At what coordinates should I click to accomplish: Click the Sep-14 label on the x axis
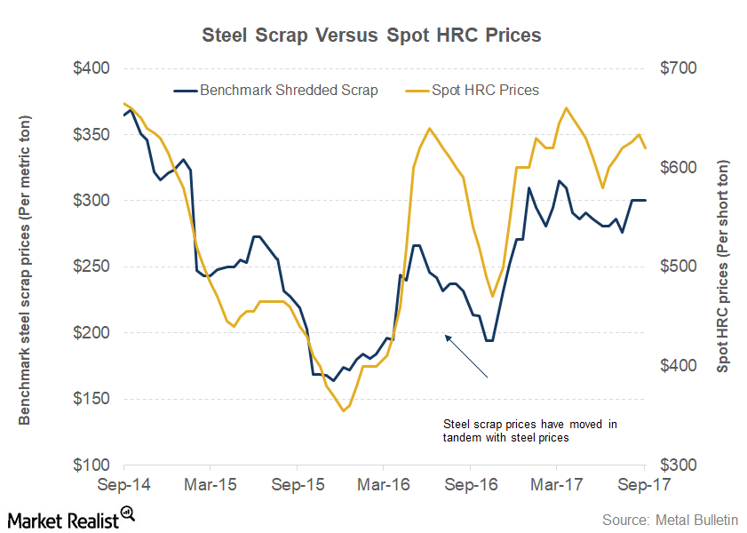123,486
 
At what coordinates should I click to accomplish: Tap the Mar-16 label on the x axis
383,486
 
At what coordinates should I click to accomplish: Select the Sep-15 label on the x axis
297,486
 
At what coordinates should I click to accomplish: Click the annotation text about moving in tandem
530,431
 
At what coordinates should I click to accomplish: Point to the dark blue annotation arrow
466,356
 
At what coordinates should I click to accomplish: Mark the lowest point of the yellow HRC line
343,410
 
